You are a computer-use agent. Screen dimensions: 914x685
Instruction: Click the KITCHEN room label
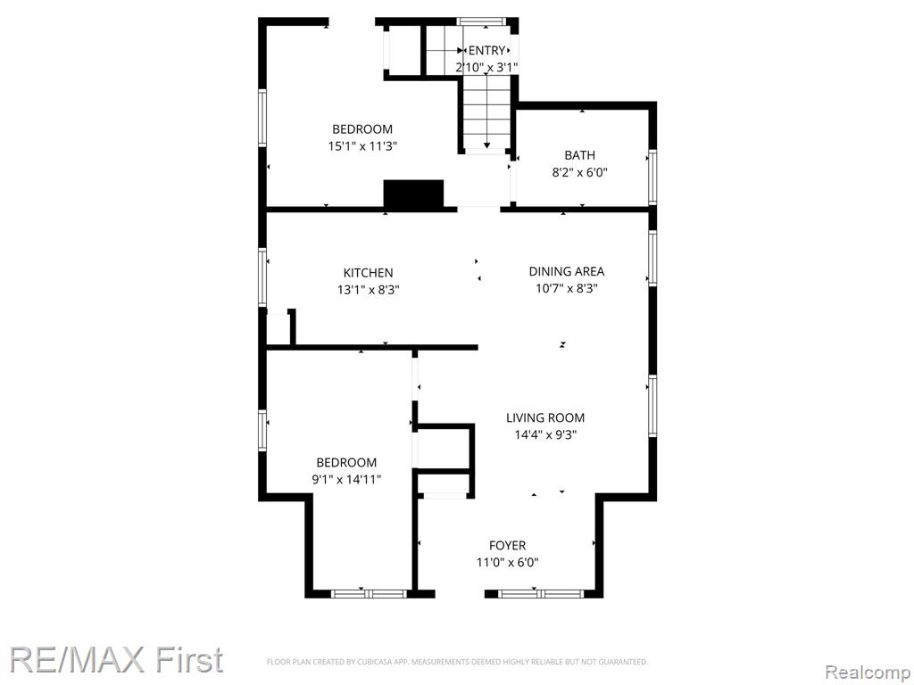click(368, 273)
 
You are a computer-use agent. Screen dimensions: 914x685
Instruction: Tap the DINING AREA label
click(567, 271)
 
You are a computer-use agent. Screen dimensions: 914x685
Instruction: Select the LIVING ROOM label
click(545, 417)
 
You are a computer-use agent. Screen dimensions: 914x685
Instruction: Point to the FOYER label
click(507, 546)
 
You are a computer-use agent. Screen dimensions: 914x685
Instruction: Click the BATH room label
click(580, 155)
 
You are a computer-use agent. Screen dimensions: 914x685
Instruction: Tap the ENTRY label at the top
click(486, 51)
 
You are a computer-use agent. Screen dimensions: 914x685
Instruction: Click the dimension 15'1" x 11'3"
click(362, 146)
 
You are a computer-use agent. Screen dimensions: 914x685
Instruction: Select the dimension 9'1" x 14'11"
click(346, 480)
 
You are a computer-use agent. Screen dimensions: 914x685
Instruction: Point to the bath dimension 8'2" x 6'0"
click(580, 172)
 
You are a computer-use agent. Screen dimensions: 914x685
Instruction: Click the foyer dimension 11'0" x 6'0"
click(507, 563)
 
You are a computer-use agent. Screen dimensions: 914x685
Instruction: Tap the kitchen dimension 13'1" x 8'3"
click(368, 290)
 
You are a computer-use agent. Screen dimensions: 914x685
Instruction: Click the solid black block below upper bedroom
click(413, 194)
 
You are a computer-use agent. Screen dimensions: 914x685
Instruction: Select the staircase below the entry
click(486, 113)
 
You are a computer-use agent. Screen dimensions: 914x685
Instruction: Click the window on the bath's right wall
click(652, 177)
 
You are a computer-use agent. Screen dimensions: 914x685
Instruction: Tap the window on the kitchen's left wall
click(262, 277)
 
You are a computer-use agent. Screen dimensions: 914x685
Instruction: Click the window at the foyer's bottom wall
click(541, 594)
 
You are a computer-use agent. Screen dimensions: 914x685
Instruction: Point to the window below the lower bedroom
click(369, 594)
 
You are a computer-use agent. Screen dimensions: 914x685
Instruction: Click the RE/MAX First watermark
click(117, 660)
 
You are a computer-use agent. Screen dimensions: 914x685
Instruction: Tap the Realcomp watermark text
click(868, 673)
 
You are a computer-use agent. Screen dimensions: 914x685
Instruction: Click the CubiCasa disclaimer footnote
click(457, 662)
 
